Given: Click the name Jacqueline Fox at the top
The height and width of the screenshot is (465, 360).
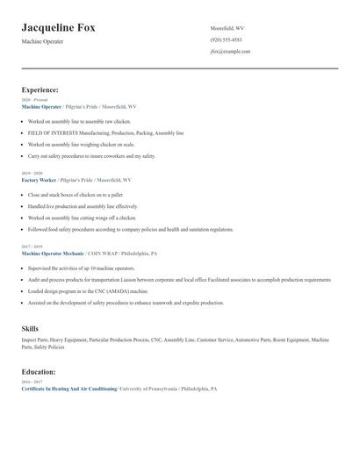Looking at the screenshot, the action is coord(59,28).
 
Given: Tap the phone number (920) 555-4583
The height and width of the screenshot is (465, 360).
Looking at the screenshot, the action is coord(226,39).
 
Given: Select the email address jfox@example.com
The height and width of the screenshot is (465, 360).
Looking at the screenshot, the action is coord(230,52).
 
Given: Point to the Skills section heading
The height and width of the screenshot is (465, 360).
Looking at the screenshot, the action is coord(30,328).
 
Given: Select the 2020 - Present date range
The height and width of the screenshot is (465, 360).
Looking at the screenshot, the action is coord(35,100).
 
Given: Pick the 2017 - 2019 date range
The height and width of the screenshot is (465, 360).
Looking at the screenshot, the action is coord(33,247).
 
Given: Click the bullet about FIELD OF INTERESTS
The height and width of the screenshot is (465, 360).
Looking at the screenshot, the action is coord(105,132).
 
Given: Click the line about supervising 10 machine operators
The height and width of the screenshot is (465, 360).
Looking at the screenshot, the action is coord(81,268).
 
